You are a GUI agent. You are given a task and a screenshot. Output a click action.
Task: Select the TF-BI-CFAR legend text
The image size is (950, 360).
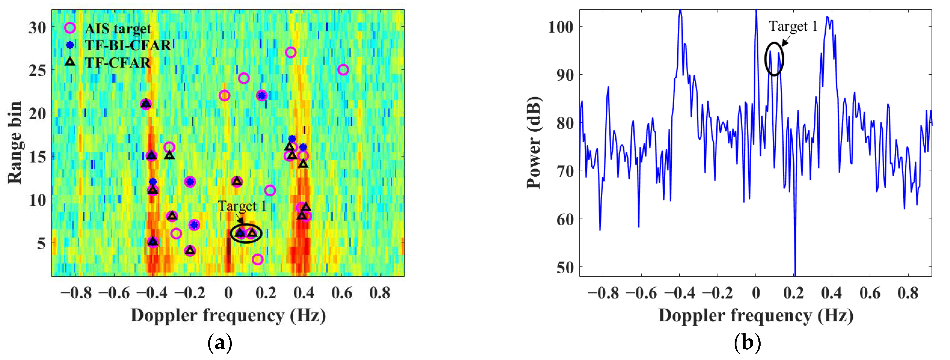coord(128,45)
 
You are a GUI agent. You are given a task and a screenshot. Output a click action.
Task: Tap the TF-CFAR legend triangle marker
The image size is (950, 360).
coord(70,62)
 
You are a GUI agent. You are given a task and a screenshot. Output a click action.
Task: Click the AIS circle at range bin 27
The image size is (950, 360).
coord(291,52)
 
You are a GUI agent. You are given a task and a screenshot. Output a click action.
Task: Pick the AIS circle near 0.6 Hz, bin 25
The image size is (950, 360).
coord(343,70)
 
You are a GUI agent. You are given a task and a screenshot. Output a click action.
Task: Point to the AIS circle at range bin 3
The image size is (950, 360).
coord(257,259)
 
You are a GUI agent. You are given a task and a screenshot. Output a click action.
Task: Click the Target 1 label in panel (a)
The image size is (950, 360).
coord(242,206)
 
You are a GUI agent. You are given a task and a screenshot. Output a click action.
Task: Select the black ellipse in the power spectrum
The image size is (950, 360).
coord(774,59)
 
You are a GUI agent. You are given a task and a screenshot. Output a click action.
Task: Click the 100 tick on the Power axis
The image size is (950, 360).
coord(560,27)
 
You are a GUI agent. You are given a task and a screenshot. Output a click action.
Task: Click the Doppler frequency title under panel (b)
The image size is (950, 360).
coord(756,316)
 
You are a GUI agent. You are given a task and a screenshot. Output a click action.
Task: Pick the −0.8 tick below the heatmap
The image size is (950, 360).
coord(76,293)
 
